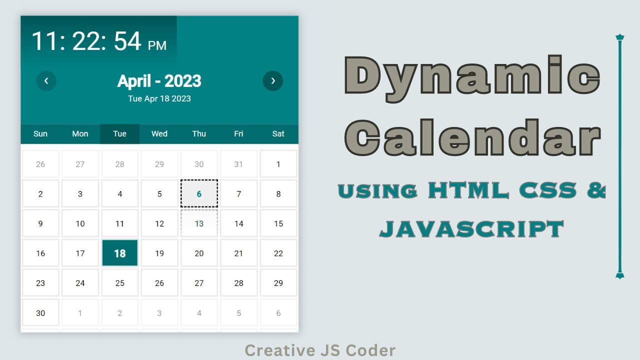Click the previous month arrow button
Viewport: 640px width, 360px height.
(x=46, y=81)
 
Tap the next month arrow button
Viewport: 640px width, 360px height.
(x=273, y=81)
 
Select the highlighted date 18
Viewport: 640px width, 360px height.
(x=120, y=253)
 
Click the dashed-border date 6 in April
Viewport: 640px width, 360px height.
(x=199, y=194)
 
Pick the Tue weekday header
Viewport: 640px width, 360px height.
(x=120, y=134)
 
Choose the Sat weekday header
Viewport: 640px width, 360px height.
(x=278, y=134)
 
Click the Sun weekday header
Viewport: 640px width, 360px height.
(x=40, y=134)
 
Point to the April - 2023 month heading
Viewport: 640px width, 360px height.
(x=159, y=81)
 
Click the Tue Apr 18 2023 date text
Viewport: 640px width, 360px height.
(x=159, y=98)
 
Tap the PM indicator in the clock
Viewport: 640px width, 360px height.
(x=157, y=46)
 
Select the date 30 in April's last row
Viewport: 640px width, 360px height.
(x=40, y=313)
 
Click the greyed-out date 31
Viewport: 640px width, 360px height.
(x=239, y=164)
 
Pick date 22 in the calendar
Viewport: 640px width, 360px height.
(x=278, y=253)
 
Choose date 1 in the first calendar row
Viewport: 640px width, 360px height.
(x=278, y=164)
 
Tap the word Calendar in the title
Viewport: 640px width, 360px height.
(x=472, y=137)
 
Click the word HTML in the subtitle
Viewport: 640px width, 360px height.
(x=468, y=190)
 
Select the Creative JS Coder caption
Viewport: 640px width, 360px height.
(x=320, y=350)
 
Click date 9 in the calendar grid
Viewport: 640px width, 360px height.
(x=40, y=224)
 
